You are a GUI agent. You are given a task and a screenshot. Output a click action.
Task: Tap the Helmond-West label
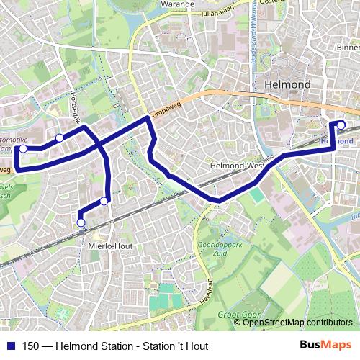coord(234,165)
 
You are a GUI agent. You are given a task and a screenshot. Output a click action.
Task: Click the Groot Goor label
coord(237,315)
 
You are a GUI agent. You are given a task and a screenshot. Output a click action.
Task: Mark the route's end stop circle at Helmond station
coord(341,125)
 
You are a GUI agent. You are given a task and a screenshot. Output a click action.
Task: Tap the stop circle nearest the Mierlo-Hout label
coord(81,222)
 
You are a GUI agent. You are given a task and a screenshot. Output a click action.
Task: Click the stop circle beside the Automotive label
coord(23,148)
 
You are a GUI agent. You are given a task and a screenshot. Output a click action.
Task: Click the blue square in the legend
coord(9,346)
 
